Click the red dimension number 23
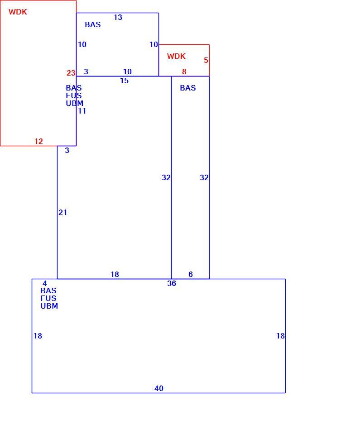click(71, 73)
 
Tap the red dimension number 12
click(38, 141)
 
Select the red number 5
click(206, 60)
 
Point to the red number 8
click(184, 71)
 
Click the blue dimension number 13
click(118, 18)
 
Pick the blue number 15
click(124, 81)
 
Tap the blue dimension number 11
click(82, 111)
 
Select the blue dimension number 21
click(62, 212)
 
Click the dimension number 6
click(191, 274)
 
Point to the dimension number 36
click(172, 283)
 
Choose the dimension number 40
click(159, 388)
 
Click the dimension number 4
click(45, 283)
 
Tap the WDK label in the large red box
click(18, 12)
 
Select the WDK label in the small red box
click(176, 56)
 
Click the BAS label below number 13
click(93, 24)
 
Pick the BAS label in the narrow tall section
click(188, 88)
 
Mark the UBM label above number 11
click(74, 103)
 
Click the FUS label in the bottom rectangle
click(48, 298)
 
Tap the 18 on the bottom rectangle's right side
click(280, 336)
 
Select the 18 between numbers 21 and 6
click(115, 274)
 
